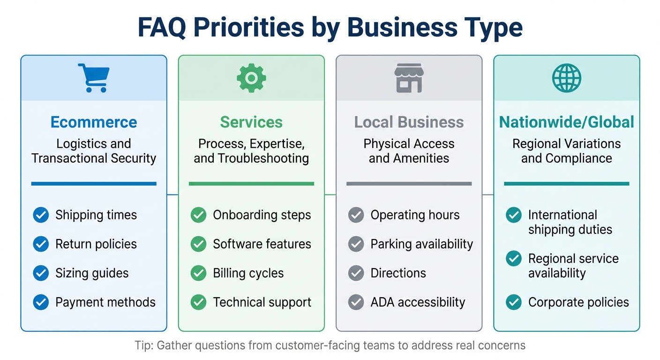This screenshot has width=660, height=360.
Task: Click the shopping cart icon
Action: [x=94, y=77]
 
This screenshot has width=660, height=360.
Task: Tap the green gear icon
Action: [x=251, y=77]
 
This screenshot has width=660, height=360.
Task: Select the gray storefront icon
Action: [x=409, y=78]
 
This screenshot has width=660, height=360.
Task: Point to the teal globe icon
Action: [x=566, y=78]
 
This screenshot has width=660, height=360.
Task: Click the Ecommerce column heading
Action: [x=94, y=122]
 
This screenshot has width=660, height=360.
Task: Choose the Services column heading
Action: [x=251, y=122]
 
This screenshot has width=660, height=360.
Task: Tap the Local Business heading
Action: [x=409, y=122]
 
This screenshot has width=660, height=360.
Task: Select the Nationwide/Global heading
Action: [x=566, y=122]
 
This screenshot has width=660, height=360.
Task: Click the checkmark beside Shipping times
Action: [x=41, y=215]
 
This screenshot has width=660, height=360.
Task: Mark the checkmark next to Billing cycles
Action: [x=199, y=273]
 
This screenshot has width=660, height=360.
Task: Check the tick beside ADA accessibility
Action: [x=356, y=302]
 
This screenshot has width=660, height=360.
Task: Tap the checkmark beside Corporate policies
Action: [x=514, y=302]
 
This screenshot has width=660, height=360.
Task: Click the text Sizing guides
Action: [x=92, y=273]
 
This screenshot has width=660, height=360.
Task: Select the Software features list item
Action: [x=262, y=244]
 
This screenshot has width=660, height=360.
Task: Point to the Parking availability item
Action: [x=421, y=244]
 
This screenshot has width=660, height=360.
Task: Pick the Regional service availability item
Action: [x=573, y=266]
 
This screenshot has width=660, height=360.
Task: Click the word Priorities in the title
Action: [x=250, y=28]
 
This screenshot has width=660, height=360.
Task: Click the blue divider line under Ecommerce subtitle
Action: [x=94, y=184]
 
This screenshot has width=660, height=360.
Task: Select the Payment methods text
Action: [x=105, y=302]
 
